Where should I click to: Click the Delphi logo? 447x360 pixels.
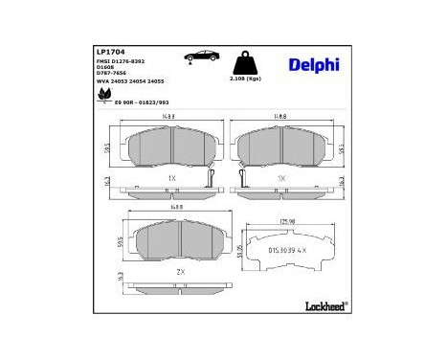[x=312, y=65]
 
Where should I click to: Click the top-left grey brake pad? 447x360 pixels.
[x=172, y=144]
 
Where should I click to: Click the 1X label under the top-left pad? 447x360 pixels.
[x=171, y=178]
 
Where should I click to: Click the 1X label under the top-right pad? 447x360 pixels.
[x=281, y=178]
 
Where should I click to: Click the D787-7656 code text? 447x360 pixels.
[x=112, y=76]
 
